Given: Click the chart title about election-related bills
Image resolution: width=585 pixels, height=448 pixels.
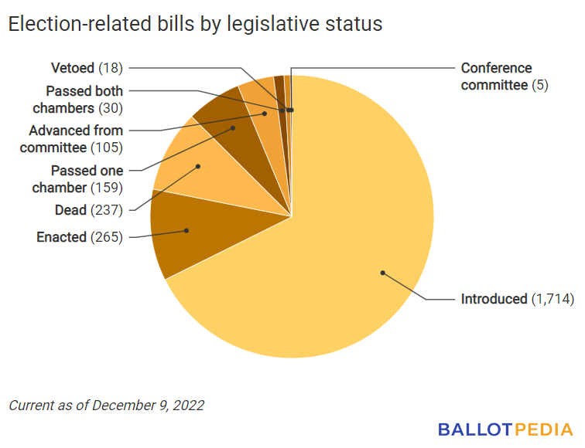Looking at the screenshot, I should pos(195,24).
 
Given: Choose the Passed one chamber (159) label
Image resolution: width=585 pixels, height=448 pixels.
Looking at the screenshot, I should pos(77,178).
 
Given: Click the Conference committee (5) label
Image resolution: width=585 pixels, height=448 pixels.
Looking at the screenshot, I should pos(504,76).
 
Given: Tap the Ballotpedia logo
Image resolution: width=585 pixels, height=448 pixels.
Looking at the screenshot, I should pos(505,429).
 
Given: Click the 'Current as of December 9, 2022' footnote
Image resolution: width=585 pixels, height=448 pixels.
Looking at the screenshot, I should pos(106,405).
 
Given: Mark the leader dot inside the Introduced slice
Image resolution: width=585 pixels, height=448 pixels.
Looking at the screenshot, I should pos(381,271).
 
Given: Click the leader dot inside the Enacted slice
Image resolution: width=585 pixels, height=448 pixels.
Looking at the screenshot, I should pos(186,230).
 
